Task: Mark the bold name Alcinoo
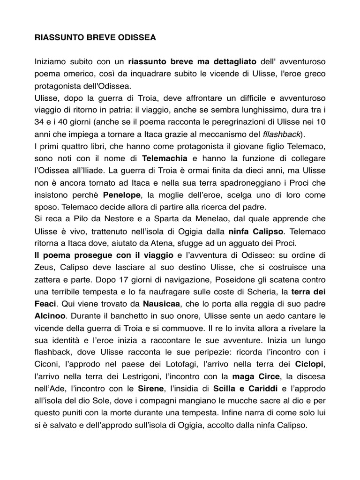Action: pos(52,316)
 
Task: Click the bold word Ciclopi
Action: pos(310,365)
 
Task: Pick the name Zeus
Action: pos(45,268)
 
